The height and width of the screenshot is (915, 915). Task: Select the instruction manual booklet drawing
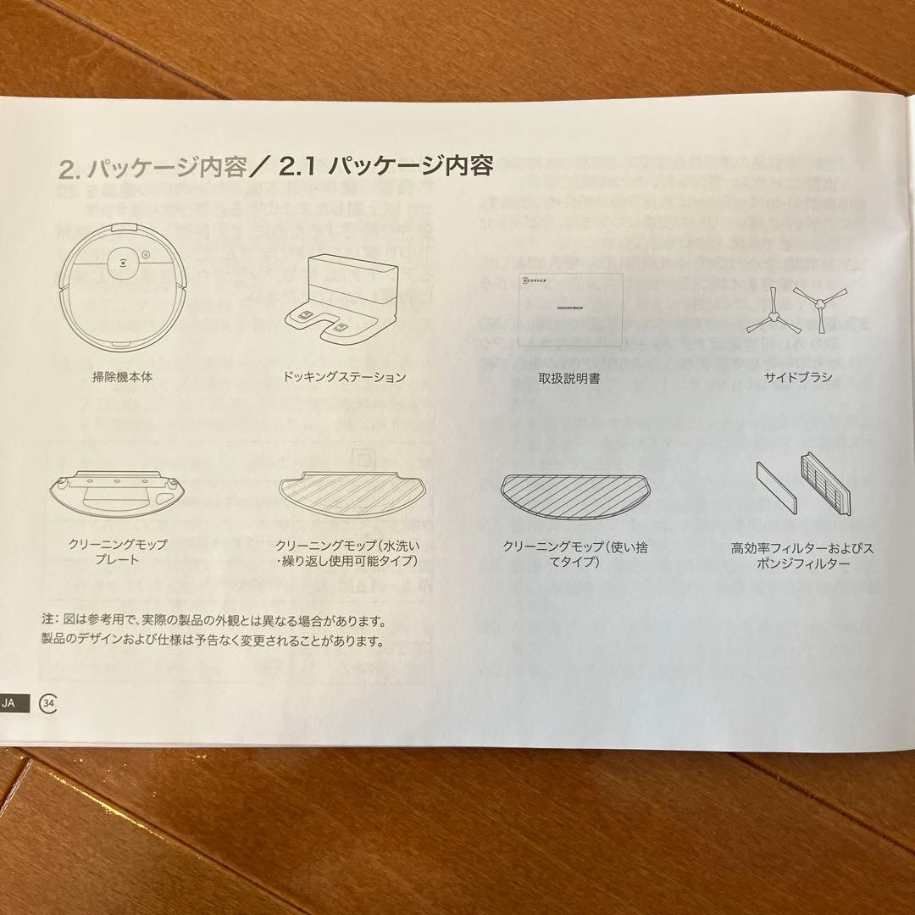click(x=570, y=309)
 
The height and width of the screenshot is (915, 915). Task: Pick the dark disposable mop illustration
click(x=573, y=496)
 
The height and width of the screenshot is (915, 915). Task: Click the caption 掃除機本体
click(x=123, y=378)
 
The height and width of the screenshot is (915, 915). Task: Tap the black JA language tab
click(x=17, y=703)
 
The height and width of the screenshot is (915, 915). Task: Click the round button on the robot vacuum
click(x=123, y=262)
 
